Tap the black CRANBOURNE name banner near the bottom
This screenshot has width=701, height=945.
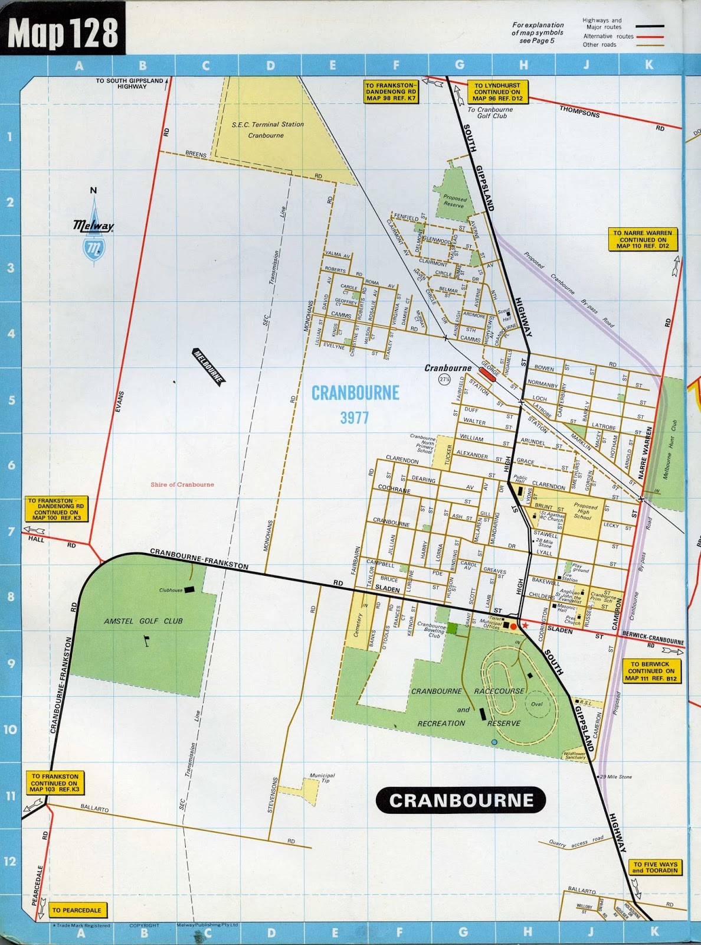(461, 800)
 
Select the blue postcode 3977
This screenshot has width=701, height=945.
(354, 418)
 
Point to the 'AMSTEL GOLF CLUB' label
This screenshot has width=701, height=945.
(143, 621)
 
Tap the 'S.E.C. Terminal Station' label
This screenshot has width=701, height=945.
(267, 129)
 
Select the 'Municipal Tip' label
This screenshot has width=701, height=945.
(322, 778)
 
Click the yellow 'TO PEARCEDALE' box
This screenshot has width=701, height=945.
(76, 910)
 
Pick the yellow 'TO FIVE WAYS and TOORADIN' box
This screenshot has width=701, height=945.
(654, 867)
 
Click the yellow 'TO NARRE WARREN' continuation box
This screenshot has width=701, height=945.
(642, 240)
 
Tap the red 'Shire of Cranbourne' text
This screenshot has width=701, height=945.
(182, 484)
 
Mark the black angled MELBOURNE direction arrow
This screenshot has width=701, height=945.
(208, 367)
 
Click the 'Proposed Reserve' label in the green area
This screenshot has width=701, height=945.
(455, 201)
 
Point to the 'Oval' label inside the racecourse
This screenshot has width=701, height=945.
(536, 704)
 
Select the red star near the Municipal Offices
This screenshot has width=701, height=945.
(525, 625)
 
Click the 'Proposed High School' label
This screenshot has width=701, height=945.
(585, 511)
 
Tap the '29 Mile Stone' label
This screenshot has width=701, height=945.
(616, 777)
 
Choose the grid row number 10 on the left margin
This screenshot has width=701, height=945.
(10, 729)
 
